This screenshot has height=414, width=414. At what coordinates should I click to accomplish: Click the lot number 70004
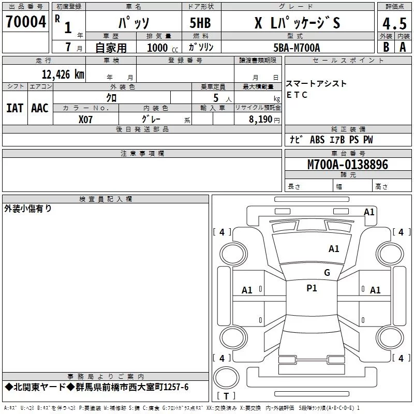(x=25, y=22)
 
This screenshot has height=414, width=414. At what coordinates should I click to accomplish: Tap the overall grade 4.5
(x=394, y=23)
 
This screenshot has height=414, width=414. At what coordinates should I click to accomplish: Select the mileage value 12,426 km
(x=63, y=74)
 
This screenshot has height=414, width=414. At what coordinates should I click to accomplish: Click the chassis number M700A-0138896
(x=348, y=164)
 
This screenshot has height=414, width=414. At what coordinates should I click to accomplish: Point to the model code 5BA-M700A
(x=297, y=48)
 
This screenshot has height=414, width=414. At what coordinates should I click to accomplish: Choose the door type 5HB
(x=200, y=23)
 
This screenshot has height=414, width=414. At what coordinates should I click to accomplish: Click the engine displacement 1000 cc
(x=162, y=48)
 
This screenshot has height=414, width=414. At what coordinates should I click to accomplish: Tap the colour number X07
(x=85, y=120)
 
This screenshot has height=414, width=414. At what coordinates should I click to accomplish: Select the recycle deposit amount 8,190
(x=260, y=119)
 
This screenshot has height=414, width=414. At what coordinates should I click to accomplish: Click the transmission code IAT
(x=15, y=108)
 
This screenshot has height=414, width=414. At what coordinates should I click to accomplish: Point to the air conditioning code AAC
(x=40, y=108)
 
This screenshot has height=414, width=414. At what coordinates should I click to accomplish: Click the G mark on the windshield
(x=327, y=273)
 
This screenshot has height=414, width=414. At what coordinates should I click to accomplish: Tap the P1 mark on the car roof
(x=312, y=288)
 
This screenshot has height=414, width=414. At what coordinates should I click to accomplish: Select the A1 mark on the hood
(x=334, y=249)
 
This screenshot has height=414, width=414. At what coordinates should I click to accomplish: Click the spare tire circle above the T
(x=226, y=378)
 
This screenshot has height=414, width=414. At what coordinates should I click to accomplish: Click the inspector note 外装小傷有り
(x=28, y=209)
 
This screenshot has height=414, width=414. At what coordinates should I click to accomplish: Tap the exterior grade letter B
(x=386, y=47)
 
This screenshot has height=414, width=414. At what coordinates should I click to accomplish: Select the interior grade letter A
(x=403, y=47)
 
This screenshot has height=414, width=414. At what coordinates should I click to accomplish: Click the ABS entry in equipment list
(x=317, y=140)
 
